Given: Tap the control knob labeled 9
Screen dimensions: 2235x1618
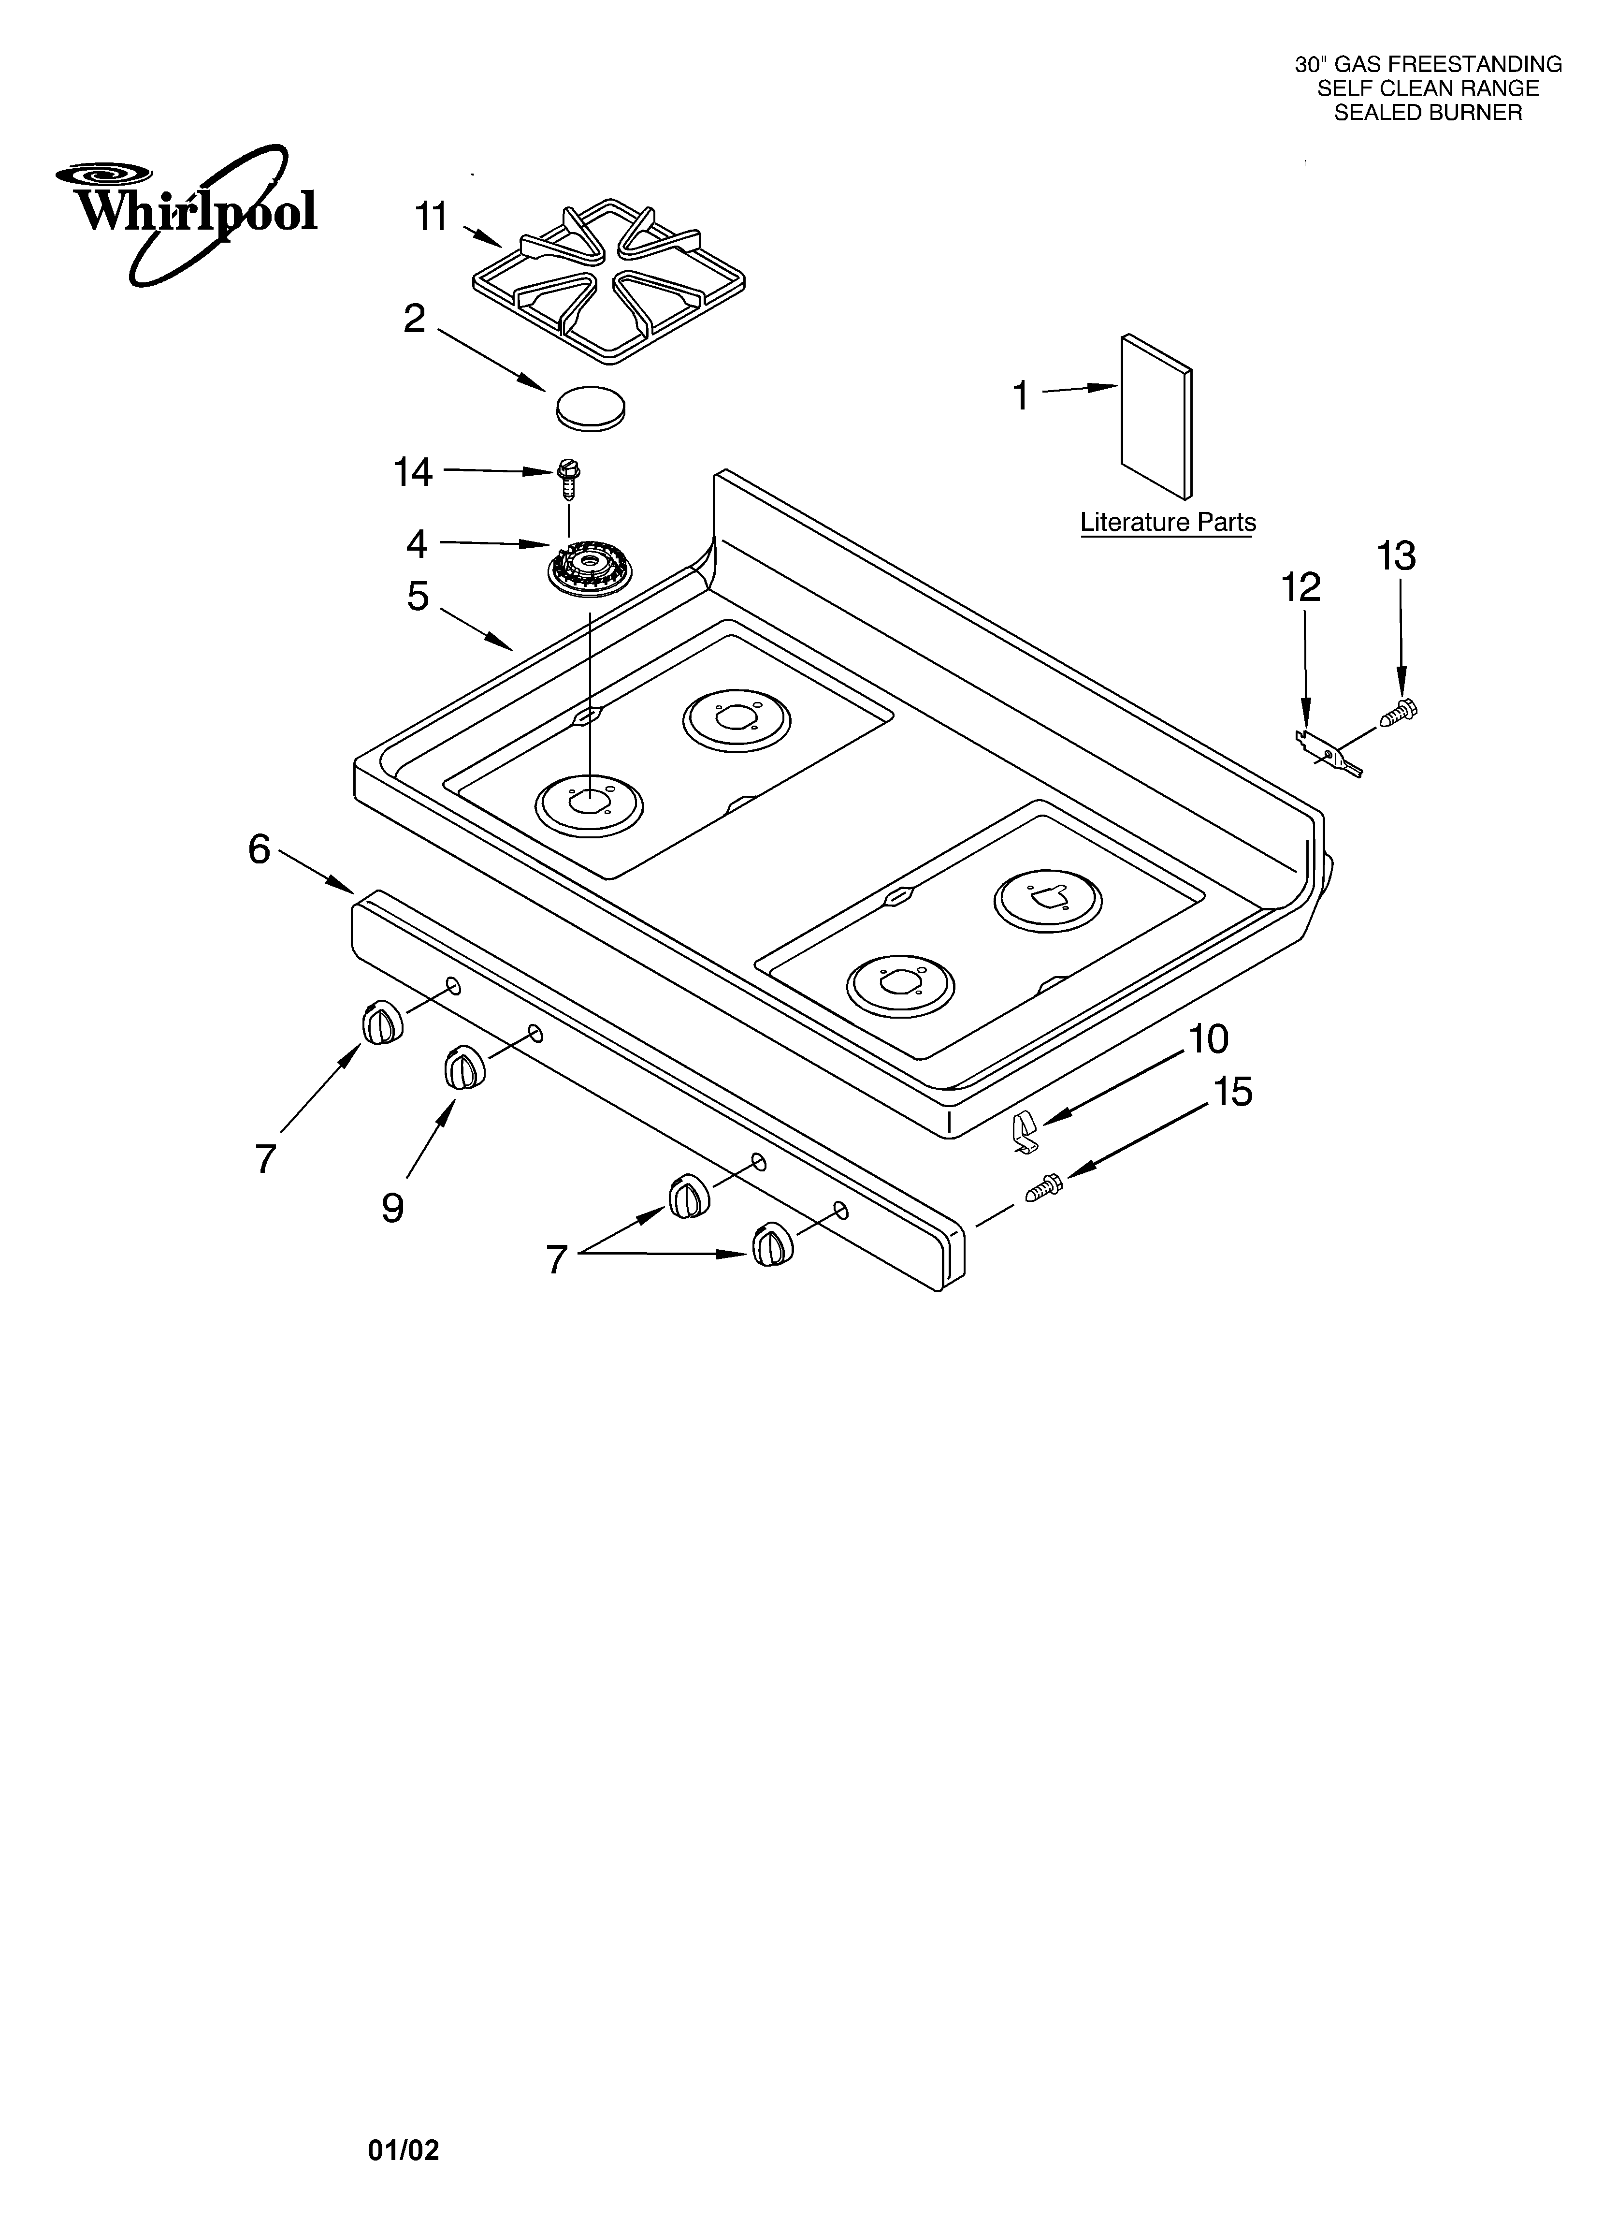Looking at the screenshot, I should (464, 1067).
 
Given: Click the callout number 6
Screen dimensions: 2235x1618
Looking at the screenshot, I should (259, 849).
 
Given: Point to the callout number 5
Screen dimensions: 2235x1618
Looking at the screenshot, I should (419, 596).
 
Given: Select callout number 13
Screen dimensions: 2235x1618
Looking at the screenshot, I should (1396, 557).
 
